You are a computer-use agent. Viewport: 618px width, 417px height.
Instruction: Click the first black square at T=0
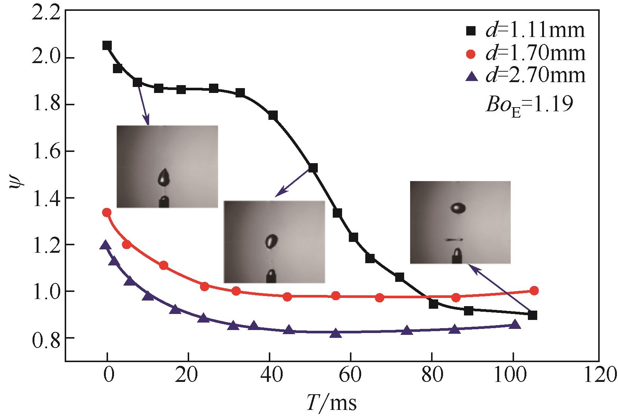tap(107, 46)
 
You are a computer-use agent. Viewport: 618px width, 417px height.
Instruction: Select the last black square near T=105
tap(533, 315)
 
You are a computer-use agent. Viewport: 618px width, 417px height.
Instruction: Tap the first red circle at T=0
tap(107, 212)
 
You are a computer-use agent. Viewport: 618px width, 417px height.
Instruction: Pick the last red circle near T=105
tap(534, 290)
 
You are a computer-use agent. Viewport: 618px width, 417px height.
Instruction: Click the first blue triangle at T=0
tap(105, 245)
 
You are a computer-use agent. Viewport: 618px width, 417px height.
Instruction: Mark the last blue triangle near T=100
tap(515, 324)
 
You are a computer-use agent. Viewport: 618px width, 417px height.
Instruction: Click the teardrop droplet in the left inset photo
tap(164, 177)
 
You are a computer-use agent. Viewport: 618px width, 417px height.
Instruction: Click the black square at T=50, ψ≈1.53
tap(313, 168)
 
